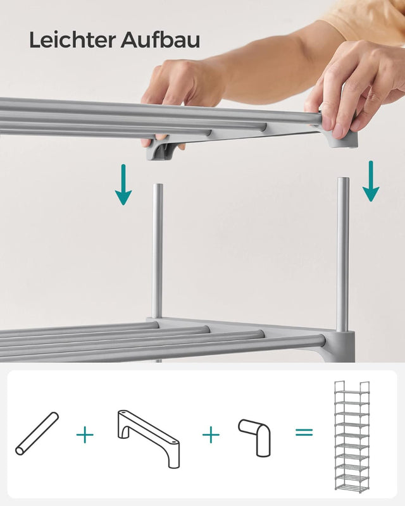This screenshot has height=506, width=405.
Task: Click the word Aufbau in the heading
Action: click(x=161, y=40)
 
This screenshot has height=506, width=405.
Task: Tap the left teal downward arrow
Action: click(x=123, y=185)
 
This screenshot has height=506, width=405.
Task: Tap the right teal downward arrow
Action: click(x=371, y=181)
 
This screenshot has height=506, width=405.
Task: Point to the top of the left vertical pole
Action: click(x=158, y=185)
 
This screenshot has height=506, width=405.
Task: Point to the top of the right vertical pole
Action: click(x=343, y=178)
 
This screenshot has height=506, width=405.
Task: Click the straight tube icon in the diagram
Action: click(x=37, y=433)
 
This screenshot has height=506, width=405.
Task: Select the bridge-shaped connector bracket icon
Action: click(x=149, y=438)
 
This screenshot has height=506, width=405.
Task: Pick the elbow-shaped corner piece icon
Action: click(x=255, y=436)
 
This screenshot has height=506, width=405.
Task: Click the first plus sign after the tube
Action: click(x=85, y=435)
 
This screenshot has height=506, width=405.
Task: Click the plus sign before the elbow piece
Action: click(x=211, y=435)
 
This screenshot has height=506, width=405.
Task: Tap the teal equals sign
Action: click(x=304, y=432)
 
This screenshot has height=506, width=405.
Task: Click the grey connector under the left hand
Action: click(x=161, y=149)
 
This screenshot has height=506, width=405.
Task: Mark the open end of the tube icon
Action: click(x=20, y=451)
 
